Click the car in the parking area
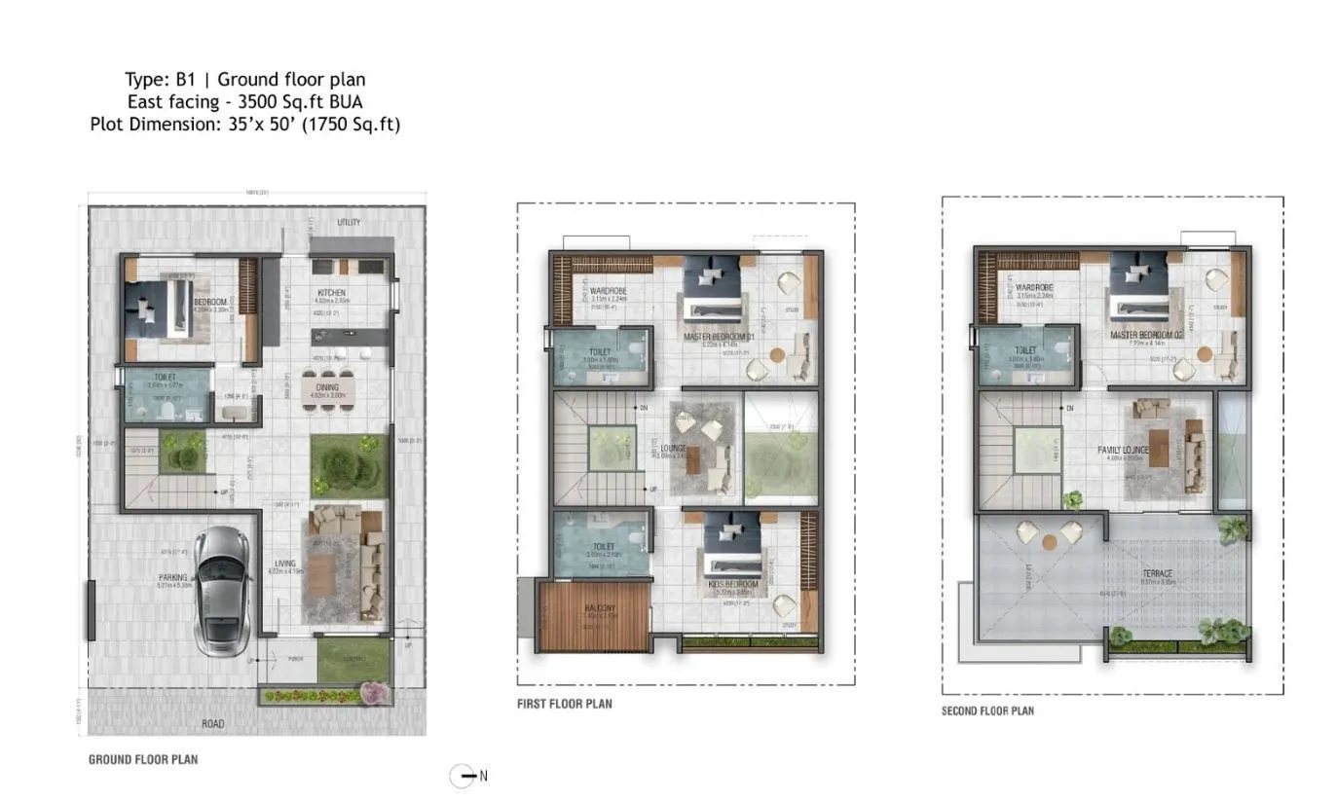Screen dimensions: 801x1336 click(x=223, y=591)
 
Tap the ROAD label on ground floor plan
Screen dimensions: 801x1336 click(x=212, y=723)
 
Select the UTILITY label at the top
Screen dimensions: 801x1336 click(x=349, y=223)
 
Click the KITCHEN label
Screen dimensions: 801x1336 click(x=331, y=293)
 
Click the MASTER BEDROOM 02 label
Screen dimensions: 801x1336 click(x=1145, y=335)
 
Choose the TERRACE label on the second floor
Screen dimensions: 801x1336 click(x=1158, y=573)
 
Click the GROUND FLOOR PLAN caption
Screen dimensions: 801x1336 click(x=143, y=758)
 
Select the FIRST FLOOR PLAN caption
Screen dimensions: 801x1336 click(x=565, y=703)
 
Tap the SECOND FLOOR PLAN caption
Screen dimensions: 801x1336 click(x=987, y=710)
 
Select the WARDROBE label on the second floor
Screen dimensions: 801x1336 click(x=1031, y=289)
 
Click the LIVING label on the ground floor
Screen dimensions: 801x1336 click(x=284, y=563)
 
